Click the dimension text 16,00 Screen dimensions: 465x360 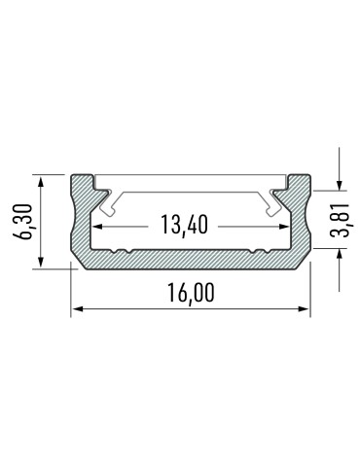(x=191, y=293)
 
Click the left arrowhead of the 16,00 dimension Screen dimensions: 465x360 (x=76, y=309)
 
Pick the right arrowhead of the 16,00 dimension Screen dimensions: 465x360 (x=304, y=309)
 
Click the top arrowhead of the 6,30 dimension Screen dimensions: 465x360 (x=41, y=180)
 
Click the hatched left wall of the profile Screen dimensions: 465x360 (x=81, y=219)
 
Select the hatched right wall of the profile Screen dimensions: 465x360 (x=301, y=219)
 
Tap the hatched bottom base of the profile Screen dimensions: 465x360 (x=191, y=260)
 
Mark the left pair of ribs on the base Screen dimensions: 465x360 (x=121, y=252)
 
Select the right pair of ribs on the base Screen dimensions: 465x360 (x=259, y=252)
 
